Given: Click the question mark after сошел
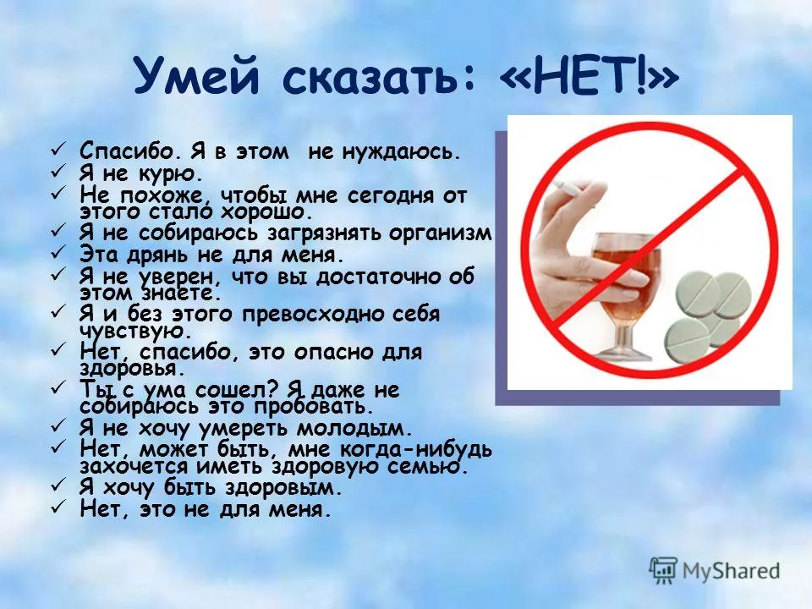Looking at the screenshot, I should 281,389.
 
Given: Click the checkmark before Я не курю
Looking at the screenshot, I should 58,173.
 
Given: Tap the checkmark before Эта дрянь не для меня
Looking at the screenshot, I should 58,252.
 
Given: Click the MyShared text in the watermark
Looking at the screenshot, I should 732,570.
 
